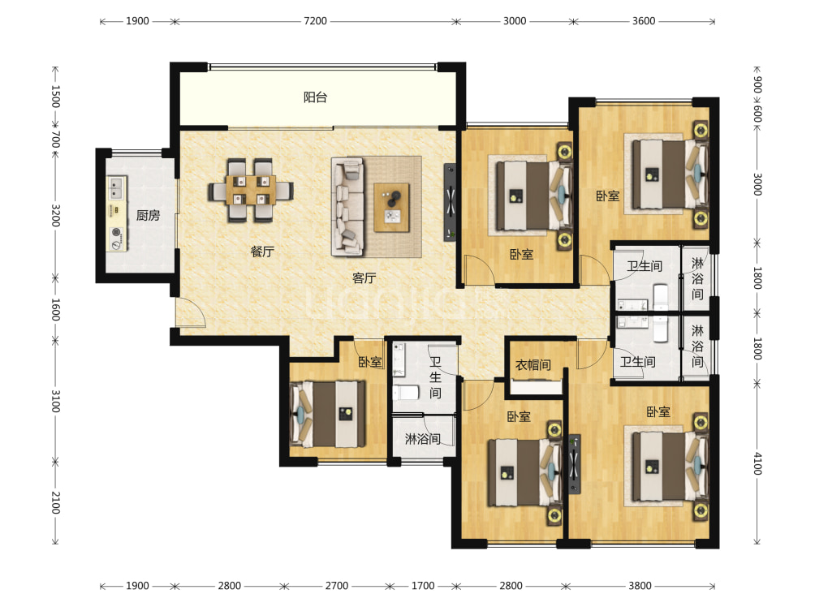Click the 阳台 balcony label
tap(315, 97)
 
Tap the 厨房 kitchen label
tap(148, 215)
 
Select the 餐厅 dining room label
tap(262, 252)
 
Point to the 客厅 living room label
tap(364, 278)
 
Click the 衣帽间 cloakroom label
tap(533, 364)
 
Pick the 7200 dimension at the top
tap(316, 21)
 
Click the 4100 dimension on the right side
tap(757, 463)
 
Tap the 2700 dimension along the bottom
tap(337, 586)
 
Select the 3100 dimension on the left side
tap(56, 401)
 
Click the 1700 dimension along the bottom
tap(423, 586)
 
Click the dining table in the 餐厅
tap(252, 190)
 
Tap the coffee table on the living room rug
tap(391, 207)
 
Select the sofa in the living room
tap(347, 207)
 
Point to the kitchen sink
tap(116, 188)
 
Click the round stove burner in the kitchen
tap(116, 233)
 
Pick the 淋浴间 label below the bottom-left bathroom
tap(423, 439)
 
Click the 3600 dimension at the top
tap(644, 21)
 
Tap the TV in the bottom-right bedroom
tap(575, 464)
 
